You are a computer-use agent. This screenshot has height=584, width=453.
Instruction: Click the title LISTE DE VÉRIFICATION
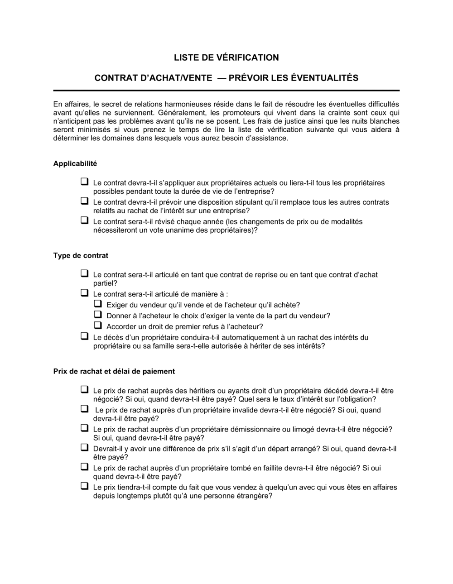pos(226,57)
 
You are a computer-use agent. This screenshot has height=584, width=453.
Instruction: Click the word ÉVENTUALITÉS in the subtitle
pos(324,78)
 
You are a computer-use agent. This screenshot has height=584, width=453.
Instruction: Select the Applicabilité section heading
pos(75,163)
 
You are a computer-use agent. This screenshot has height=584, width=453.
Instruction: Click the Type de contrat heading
pos(81,255)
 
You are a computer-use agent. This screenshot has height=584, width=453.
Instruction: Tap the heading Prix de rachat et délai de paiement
pos(114,371)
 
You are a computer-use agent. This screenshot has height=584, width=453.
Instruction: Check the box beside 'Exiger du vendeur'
pos(98,304)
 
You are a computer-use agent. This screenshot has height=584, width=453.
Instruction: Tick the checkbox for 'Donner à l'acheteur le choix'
pos(98,315)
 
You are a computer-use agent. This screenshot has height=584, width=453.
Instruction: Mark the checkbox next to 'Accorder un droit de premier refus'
pos(98,326)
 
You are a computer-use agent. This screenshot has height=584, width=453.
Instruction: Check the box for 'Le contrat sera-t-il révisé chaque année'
pos(84,220)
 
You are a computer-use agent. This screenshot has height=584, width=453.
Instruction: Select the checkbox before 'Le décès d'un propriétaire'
pos(84,336)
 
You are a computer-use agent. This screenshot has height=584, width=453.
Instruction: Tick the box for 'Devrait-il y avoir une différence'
pos(84,448)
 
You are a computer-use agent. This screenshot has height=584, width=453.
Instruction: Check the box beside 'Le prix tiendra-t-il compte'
pos(84,486)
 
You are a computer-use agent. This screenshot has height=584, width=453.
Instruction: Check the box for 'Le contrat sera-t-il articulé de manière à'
pos(84,293)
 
